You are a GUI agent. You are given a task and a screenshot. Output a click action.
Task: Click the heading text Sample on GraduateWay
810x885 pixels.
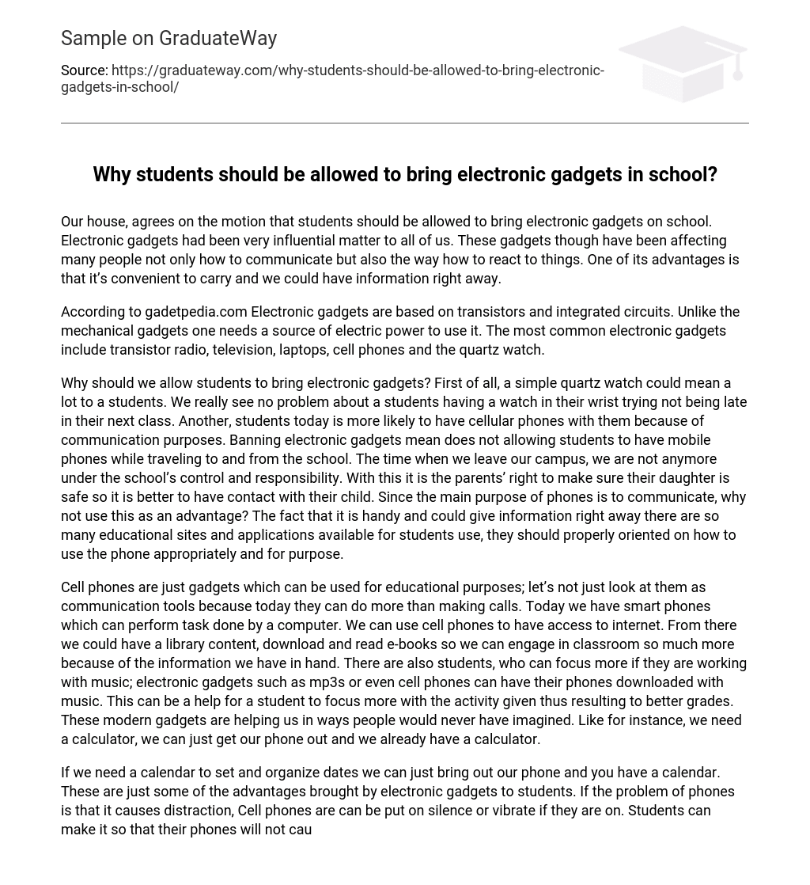(x=168, y=38)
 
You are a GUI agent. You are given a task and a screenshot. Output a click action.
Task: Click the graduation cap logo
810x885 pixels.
(x=682, y=63)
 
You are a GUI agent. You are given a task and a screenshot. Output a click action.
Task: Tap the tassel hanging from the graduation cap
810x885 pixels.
(x=738, y=69)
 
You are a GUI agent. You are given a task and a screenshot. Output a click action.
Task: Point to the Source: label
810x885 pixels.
(x=84, y=70)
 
